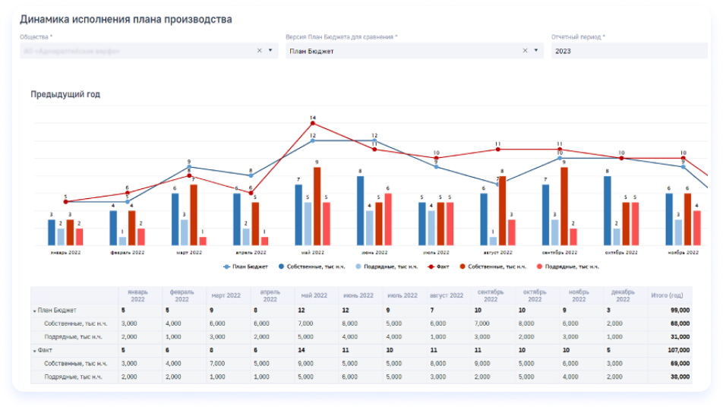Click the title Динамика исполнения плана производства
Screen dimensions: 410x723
pos(126,19)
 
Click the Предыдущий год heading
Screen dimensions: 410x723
pos(65,94)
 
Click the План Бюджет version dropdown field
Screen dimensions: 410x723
pos(403,51)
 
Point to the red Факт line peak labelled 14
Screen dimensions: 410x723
pos(313,124)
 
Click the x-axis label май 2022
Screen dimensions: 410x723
pos(313,252)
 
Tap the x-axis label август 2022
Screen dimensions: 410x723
pos(497,252)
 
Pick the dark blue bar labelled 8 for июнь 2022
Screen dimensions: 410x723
pos(360,210)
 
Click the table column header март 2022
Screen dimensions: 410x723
pos(226,295)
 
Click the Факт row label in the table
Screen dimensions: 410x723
pos(46,351)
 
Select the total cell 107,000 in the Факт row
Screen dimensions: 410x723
pos(676,351)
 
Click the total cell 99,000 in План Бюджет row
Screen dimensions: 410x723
pos(677,311)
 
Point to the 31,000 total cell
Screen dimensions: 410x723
pos(677,336)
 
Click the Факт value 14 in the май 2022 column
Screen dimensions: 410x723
pos(302,351)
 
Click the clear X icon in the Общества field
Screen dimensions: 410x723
pos(259,51)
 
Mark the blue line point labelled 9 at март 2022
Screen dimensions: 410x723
pos(189,167)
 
